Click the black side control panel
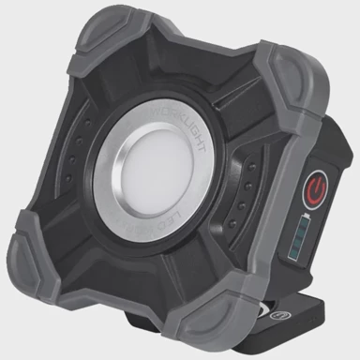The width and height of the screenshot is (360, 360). tap(306, 216)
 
